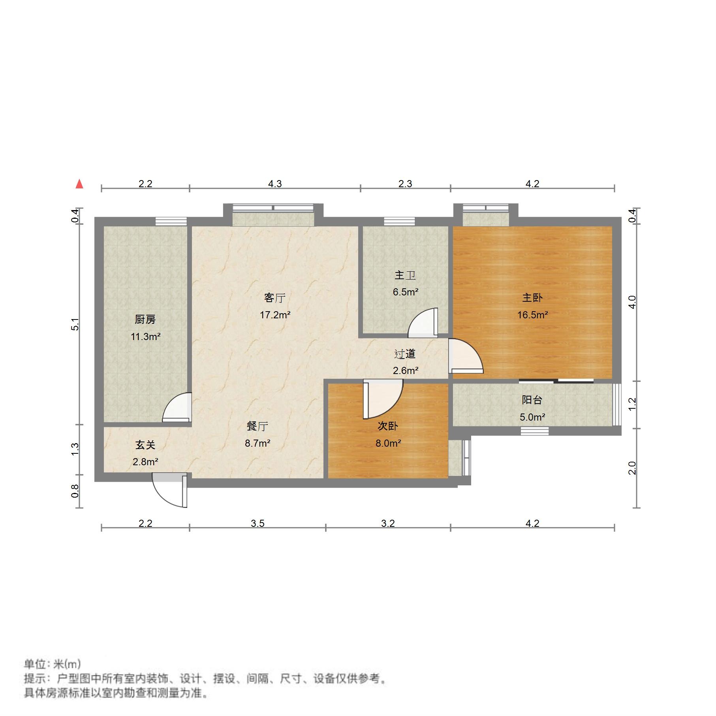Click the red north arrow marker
click(x=79, y=184)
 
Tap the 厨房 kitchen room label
click(x=145, y=319)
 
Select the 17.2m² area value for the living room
click(x=275, y=315)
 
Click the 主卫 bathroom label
click(x=405, y=275)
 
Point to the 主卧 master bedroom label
click(x=532, y=297)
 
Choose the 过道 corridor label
click(x=405, y=354)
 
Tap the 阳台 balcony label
click(x=532, y=400)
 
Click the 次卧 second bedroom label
click(x=388, y=426)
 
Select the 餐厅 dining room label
click(x=257, y=426)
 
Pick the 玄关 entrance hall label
click(x=145, y=445)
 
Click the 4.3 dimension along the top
click(x=275, y=184)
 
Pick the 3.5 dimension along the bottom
click(x=257, y=523)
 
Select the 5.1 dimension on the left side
click(x=75, y=324)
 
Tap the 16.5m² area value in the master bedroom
click(x=532, y=315)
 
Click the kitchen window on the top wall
click(x=171, y=222)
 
